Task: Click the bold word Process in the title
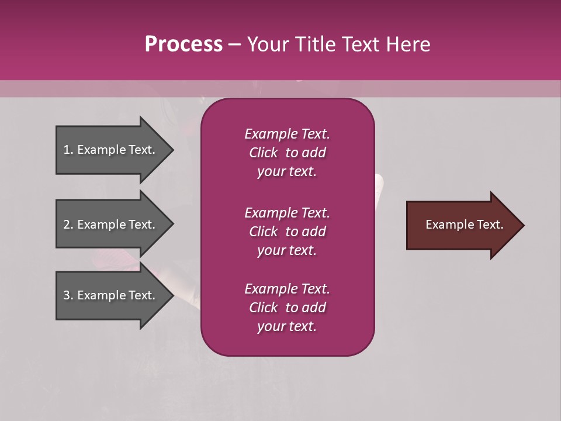183,44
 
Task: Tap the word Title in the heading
314,44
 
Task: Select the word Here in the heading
408,44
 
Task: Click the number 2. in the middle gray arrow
68,225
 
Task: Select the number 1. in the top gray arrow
68,150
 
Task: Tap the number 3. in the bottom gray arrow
68,295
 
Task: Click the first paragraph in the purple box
287,153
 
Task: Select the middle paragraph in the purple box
287,232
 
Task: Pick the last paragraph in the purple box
287,308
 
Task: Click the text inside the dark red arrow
465,225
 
